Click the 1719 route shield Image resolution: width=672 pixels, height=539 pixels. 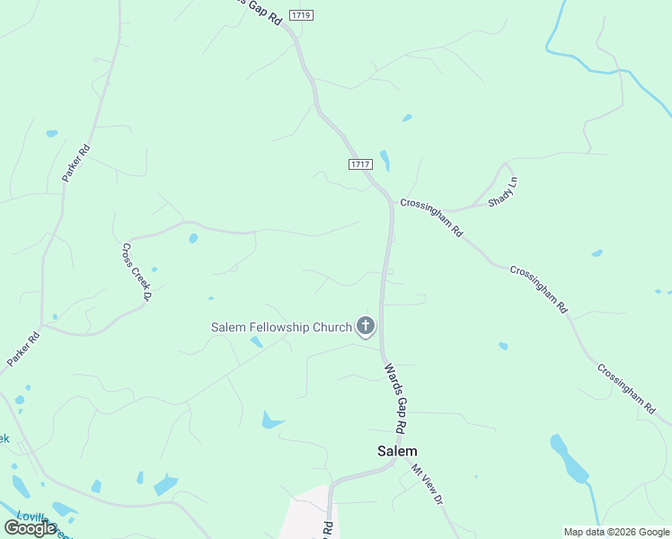point(302,15)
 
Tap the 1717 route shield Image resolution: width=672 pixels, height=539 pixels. point(359,163)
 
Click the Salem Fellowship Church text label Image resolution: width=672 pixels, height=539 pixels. point(281,327)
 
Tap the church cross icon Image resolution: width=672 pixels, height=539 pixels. point(366,326)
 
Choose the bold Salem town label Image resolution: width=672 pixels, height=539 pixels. point(396,451)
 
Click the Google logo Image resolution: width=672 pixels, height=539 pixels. point(31,528)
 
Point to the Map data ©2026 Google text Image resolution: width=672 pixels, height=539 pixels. point(616,532)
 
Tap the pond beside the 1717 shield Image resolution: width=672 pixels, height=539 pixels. point(385,161)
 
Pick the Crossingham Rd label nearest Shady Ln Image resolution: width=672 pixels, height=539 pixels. point(431,217)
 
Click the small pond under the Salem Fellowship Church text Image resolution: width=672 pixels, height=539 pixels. point(256,341)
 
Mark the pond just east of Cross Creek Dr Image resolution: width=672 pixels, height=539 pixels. point(193,238)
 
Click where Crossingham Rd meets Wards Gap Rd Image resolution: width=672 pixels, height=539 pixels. point(391,199)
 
